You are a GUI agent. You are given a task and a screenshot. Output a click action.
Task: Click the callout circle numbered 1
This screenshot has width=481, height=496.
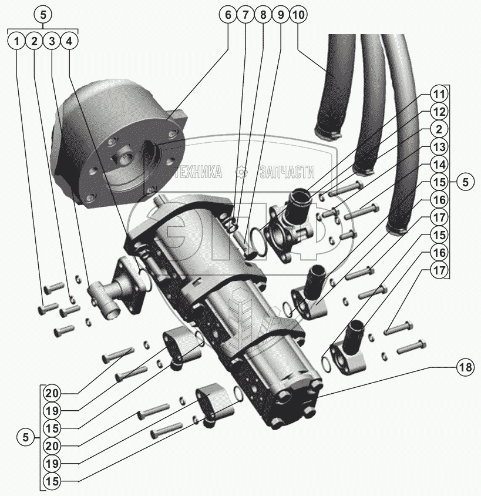coord(17,42)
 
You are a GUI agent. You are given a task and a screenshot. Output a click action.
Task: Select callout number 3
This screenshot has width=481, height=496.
coord(52,42)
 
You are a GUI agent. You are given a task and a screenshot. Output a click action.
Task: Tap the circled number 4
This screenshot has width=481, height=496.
coord(69,42)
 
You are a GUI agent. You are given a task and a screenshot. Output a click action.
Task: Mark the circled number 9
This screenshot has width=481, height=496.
coord(281,15)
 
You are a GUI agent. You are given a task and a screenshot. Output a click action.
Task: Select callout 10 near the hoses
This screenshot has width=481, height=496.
coord(298,15)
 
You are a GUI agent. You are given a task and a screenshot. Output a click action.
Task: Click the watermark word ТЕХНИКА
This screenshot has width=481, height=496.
coord(199,172)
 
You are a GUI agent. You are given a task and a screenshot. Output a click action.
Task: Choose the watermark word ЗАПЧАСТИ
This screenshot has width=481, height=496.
coord(286,172)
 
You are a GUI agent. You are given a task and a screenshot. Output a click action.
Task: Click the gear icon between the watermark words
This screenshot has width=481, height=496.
coord(240,172)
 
